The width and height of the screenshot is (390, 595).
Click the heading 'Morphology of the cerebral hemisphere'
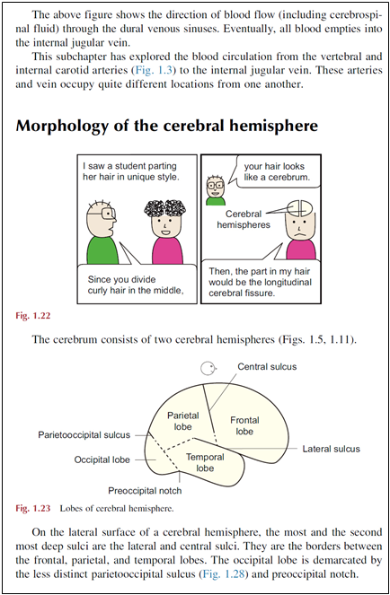166,126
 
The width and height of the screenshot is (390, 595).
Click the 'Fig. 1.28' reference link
224,573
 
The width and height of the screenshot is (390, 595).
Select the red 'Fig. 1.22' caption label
33,316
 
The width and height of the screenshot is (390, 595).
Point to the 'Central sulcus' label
267,367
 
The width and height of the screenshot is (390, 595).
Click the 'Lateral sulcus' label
331,449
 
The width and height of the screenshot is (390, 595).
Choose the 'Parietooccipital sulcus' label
84,435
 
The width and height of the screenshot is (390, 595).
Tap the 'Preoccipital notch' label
145,491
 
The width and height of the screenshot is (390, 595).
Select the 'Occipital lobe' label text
102,459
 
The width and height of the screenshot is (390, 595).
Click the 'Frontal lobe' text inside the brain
244,425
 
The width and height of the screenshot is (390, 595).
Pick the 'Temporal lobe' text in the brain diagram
205,462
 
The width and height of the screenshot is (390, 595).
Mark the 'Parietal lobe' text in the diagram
182,421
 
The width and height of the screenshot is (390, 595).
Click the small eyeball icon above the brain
208,368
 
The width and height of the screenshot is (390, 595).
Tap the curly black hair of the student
165,208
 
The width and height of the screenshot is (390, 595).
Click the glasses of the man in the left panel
108,214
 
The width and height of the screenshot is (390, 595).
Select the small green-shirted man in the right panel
216,190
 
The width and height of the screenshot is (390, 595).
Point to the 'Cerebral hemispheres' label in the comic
244,219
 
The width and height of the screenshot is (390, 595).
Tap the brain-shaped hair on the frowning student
300,208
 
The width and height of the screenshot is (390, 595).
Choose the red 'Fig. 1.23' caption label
33,509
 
